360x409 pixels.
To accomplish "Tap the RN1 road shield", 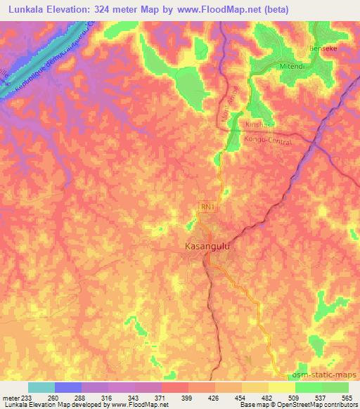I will [x=207, y=207].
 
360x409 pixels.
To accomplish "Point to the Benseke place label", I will [x=323, y=48].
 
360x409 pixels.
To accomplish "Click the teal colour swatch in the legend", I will [x=41, y=387].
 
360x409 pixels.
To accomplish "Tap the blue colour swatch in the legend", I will [x=68, y=387].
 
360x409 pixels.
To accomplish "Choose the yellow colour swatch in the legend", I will [x=282, y=387].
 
